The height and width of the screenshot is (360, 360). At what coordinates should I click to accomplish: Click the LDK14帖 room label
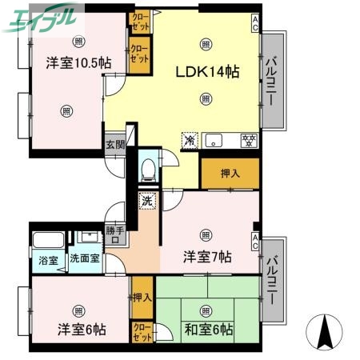point(207,71)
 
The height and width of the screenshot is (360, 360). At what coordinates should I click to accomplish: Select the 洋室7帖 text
point(207,257)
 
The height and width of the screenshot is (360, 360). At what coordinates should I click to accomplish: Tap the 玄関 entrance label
point(114,145)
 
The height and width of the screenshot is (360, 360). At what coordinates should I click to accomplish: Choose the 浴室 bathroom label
point(47,259)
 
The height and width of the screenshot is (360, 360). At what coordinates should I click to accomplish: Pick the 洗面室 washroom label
point(84,259)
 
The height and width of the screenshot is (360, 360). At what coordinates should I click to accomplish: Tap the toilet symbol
point(146,169)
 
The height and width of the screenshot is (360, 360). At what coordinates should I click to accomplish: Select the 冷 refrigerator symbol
point(190,141)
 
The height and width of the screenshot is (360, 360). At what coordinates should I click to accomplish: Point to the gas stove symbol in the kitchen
point(248,141)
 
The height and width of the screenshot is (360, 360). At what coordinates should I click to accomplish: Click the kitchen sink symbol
point(215,142)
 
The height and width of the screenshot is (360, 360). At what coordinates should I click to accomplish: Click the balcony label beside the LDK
point(273,81)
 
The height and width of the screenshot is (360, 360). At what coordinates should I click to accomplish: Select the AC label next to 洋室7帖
point(254,238)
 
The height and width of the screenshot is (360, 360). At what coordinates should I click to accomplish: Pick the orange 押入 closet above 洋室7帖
point(230,173)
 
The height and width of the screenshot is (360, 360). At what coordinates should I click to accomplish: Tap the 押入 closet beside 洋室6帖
point(142,298)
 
